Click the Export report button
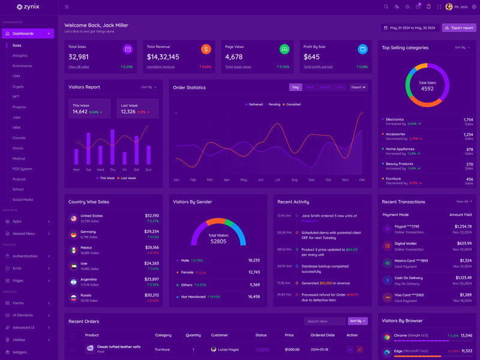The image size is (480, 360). click(459, 28)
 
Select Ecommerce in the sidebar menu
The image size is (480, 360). click(22, 66)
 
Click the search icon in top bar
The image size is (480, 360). click(386, 7)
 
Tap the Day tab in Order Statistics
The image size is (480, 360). click(295, 87)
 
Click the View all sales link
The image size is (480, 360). click(79, 67)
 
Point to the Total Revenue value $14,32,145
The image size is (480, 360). click(163, 57)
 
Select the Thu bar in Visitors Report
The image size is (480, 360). click(112, 147)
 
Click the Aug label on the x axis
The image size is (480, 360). click(294, 180)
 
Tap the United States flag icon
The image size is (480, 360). click(73, 218)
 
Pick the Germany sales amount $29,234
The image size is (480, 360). click(152, 231)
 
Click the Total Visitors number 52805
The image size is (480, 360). click(218, 241)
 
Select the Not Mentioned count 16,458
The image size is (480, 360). click(254, 296)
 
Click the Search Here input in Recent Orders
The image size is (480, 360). click(324, 321)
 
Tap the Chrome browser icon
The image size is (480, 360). click(387, 337)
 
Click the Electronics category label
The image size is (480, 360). click(395, 119)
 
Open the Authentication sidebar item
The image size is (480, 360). click(25, 256)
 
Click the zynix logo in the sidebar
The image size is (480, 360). click(28, 7)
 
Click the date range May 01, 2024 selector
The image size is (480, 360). click(410, 28)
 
